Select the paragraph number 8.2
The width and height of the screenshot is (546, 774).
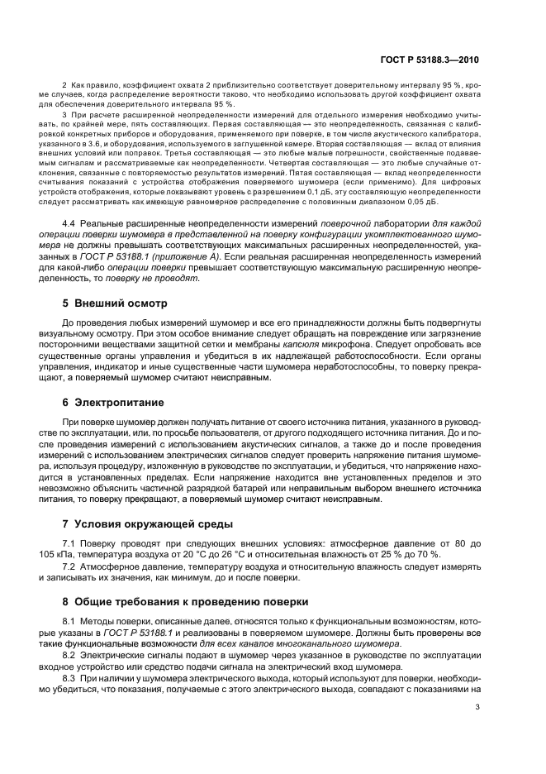coord(71,655)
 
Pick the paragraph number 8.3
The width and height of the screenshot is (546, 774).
coord(71,678)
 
